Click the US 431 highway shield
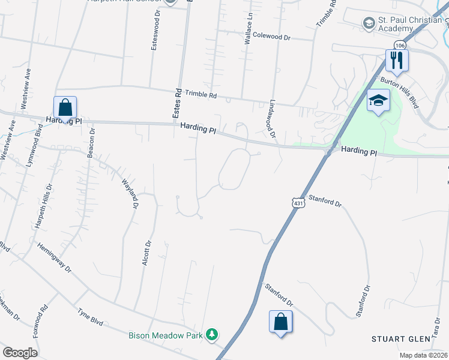pos(298,204)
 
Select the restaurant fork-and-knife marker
pos(397,60)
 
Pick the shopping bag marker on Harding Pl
pos(65,108)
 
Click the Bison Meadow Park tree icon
pos(212,334)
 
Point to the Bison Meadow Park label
pos(166,335)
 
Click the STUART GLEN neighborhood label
pos(400,339)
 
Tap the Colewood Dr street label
pos(271,37)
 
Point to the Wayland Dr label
pos(130,193)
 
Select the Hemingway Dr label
pos(54,257)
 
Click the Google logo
pos(20,353)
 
